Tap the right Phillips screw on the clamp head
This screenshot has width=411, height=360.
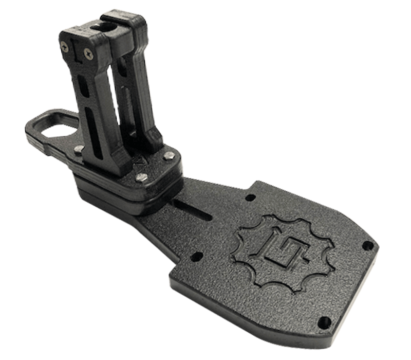click(90, 51)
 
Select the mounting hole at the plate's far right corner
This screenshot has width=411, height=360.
click(367, 245)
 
